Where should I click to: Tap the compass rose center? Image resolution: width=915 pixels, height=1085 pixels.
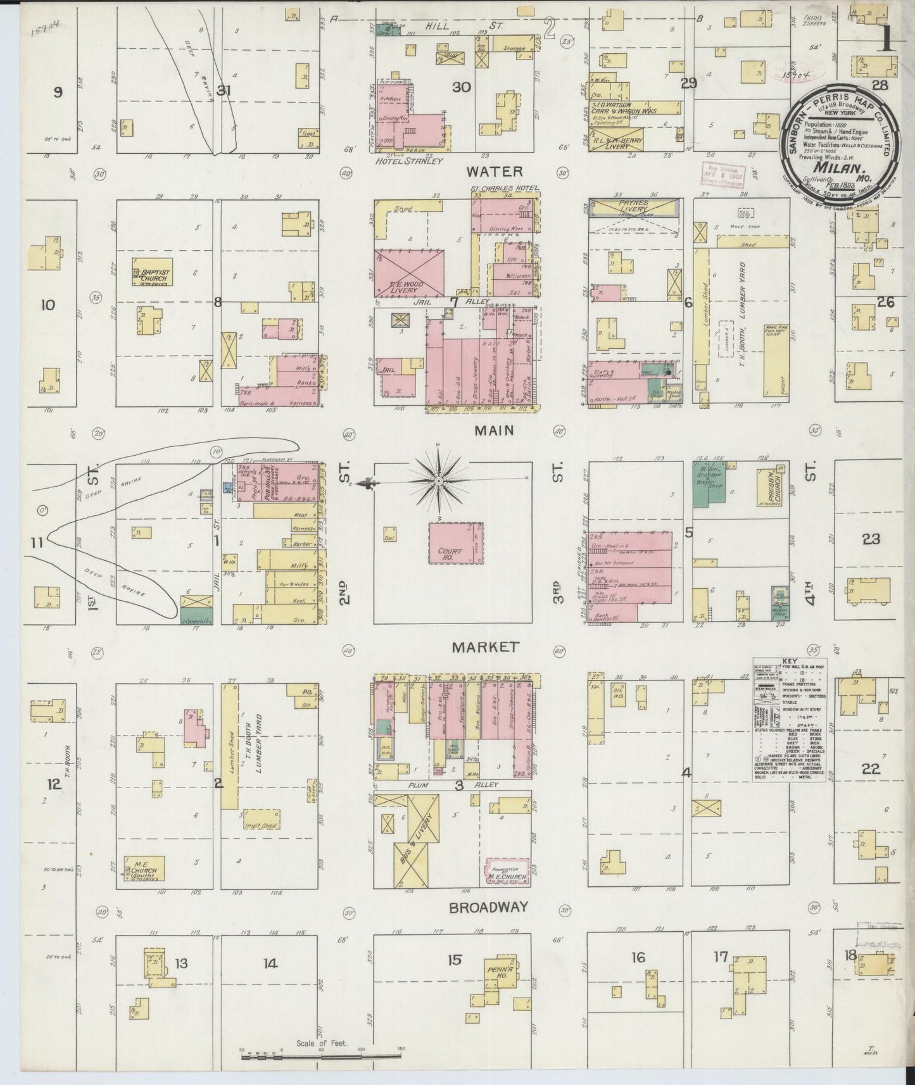438,482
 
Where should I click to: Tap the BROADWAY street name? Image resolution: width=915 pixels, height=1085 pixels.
488,907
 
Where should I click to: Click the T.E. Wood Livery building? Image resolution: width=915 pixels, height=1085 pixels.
408,274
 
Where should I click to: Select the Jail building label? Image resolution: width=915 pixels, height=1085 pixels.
388,368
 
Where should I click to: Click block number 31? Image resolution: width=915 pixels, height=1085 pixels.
223,91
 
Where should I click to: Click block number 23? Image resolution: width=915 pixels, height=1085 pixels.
871,539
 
